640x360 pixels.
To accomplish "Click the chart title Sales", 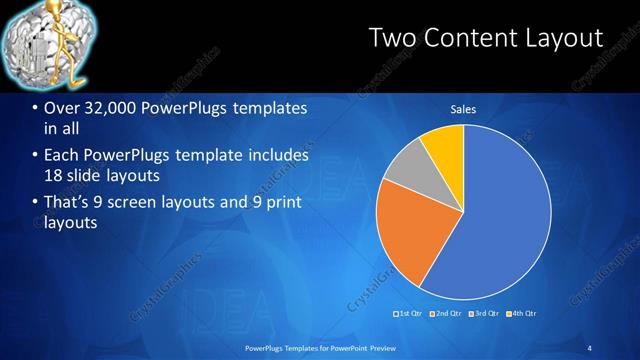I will click(463, 109).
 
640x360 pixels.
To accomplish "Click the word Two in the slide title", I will click(390, 39).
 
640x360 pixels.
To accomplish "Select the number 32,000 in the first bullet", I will click(101, 108).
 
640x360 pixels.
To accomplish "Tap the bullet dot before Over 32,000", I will click(35, 108).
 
